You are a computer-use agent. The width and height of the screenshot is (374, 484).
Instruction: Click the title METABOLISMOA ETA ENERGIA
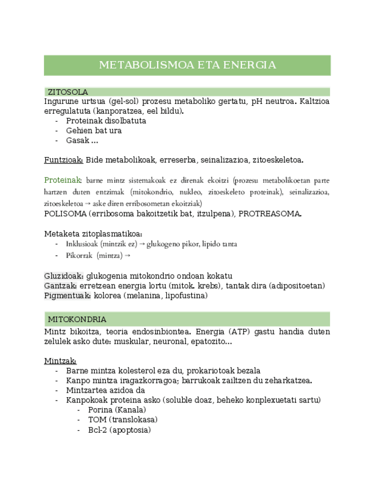[x=187, y=65]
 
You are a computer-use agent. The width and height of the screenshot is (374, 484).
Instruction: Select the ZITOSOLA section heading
[x=67, y=92]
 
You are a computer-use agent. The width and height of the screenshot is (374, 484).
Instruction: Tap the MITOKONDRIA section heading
[x=77, y=319]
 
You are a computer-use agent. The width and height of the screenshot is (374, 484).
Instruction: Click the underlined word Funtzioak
[x=64, y=160]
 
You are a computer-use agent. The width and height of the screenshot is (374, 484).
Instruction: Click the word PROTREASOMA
[x=270, y=214]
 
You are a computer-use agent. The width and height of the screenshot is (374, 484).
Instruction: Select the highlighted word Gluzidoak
[x=64, y=276]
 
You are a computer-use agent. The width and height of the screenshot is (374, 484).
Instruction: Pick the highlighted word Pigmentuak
[x=67, y=295]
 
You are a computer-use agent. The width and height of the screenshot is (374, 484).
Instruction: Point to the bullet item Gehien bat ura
[x=94, y=131]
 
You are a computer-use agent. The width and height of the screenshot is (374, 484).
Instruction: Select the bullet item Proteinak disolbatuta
[x=106, y=121]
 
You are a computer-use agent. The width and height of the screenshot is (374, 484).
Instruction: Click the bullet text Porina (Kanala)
[x=117, y=410]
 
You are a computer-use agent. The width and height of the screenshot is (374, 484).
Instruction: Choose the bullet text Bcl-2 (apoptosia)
[x=119, y=430]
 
